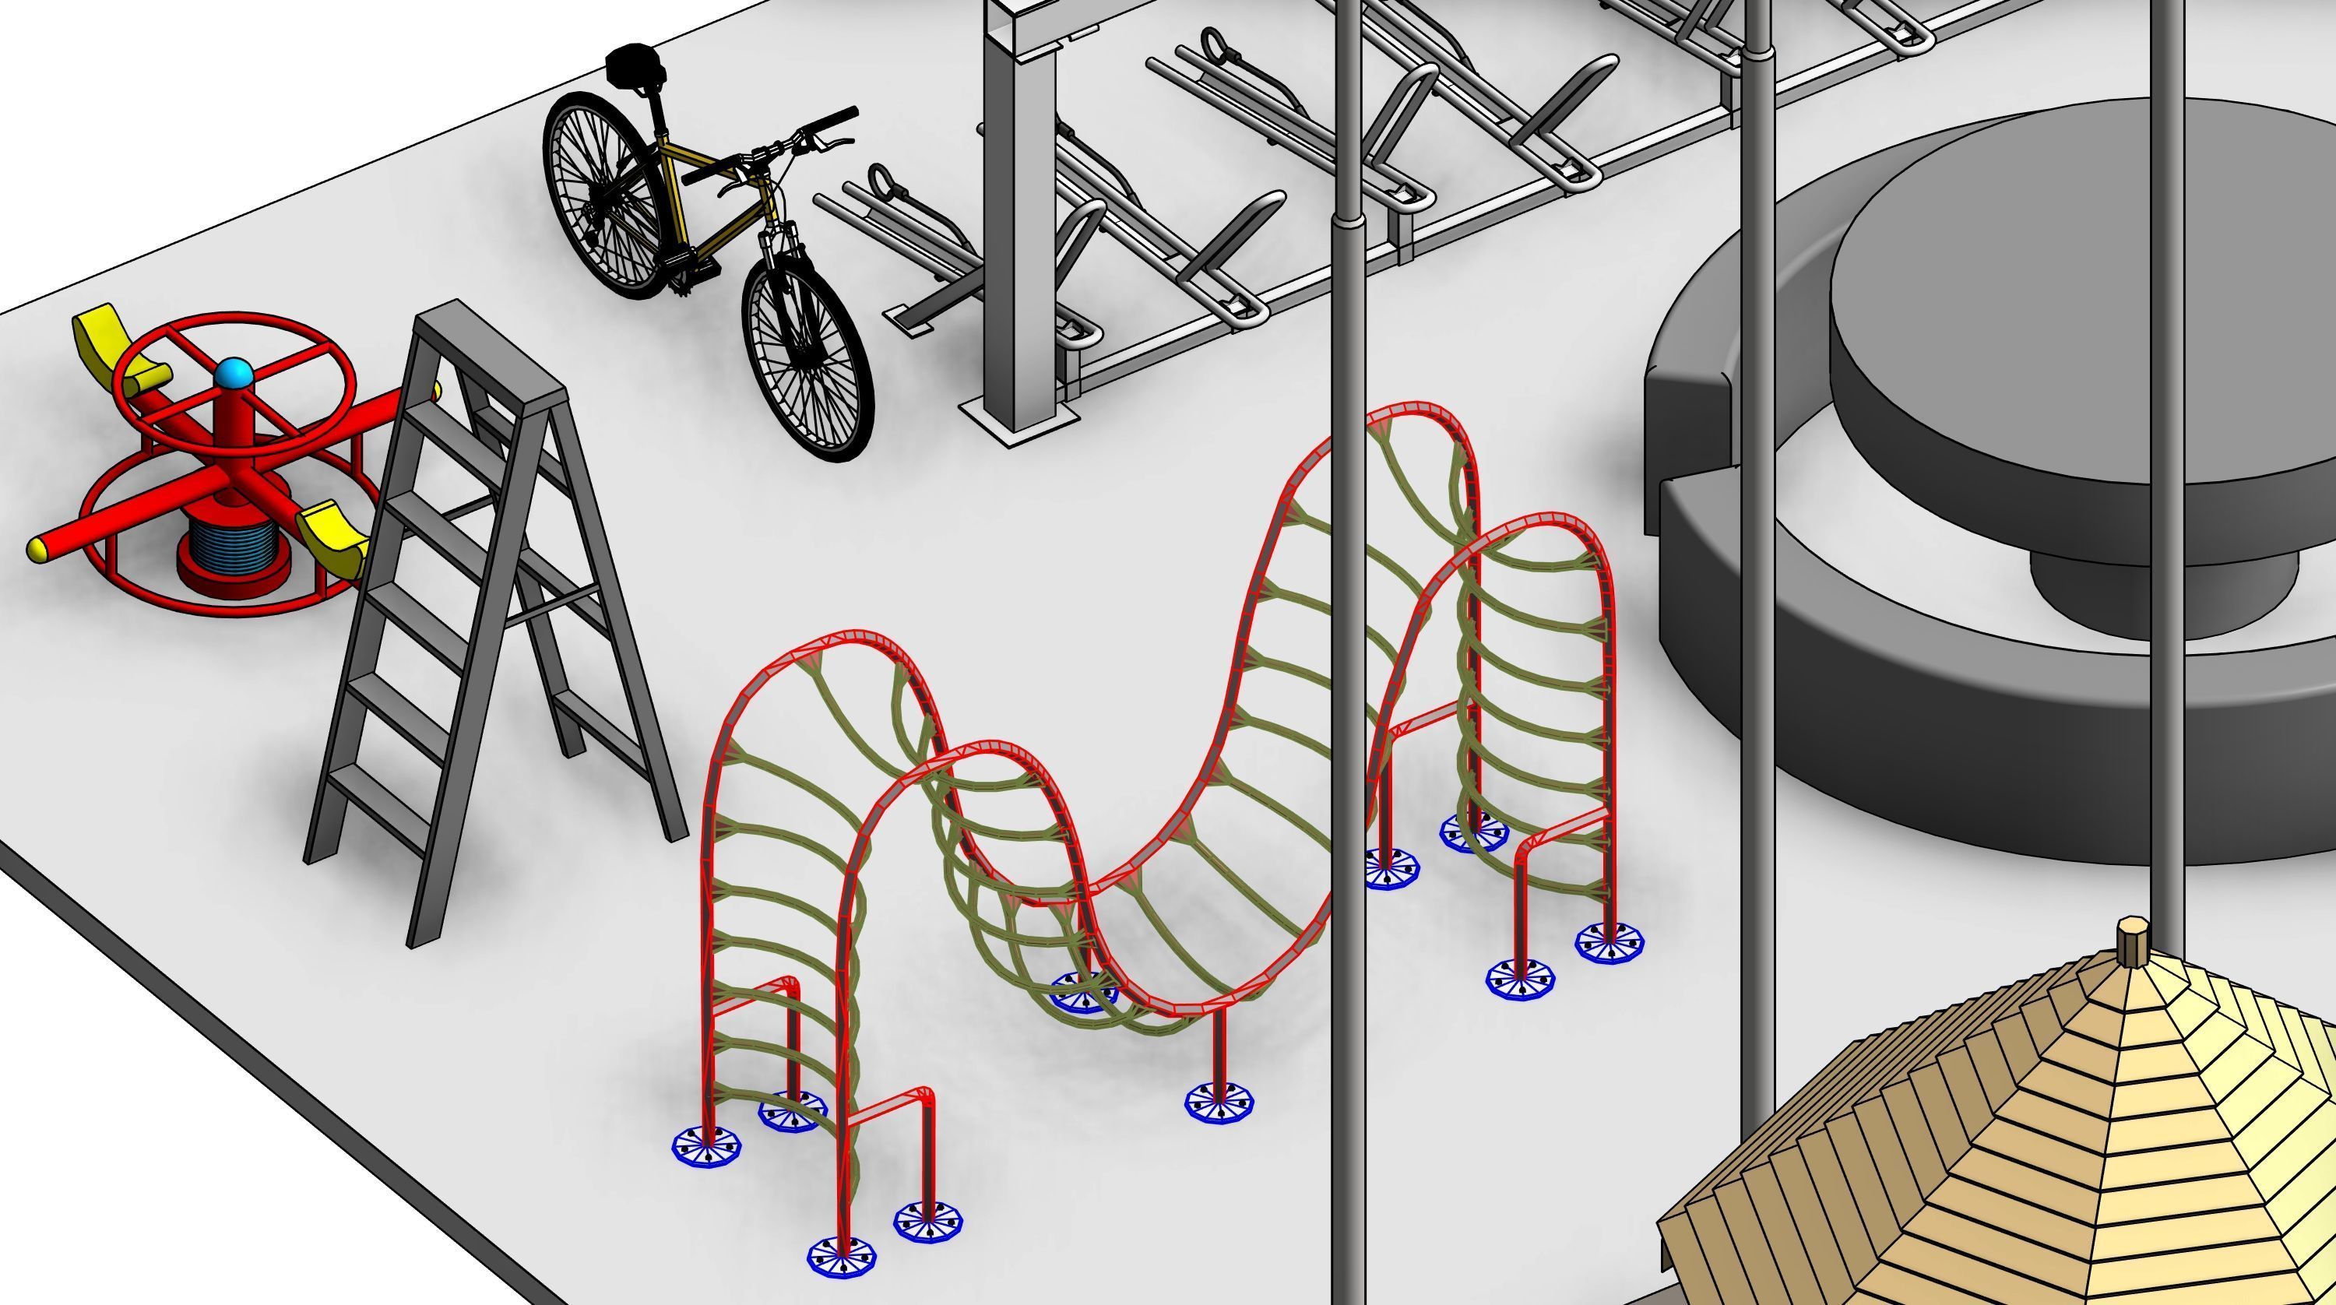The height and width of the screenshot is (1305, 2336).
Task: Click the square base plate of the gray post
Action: tap(1020, 422)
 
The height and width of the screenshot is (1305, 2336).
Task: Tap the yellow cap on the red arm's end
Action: tap(38, 549)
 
